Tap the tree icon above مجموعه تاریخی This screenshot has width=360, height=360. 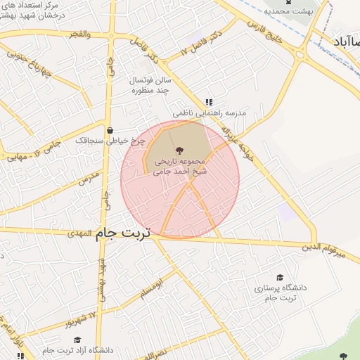(178, 150)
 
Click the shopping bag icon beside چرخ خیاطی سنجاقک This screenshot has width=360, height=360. (110, 130)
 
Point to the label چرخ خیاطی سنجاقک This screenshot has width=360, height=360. (115, 141)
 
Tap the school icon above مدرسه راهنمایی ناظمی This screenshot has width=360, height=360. (208, 102)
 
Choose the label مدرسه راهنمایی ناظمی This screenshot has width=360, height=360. (208, 112)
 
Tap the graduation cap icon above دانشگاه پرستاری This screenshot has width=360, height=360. (280, 278)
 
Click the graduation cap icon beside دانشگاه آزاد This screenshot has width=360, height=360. (77, 340)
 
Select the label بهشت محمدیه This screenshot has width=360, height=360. (284, 11)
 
